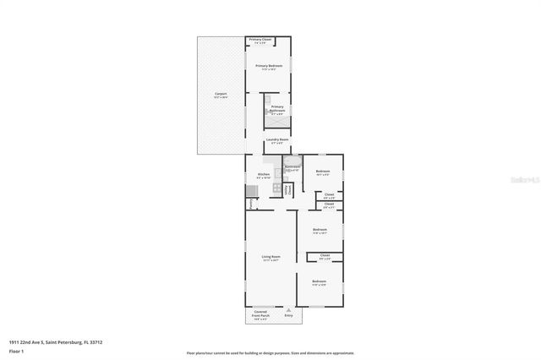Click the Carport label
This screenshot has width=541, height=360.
point(221,95)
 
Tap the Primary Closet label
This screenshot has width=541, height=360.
point(260,41)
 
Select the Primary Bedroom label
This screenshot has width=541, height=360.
point(269,67)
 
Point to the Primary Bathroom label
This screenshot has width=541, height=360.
point(277,109)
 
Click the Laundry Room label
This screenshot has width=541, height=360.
point(278,141)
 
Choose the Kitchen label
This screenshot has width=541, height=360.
point(264,176)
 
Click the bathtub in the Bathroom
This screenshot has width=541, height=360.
point(292,160)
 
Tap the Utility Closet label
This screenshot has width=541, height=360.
point(288,190)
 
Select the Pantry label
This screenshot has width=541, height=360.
point(252,203)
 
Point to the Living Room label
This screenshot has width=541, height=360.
point(270,259)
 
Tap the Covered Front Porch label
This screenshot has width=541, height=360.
point(261,316)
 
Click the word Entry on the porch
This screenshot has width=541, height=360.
point(289,315)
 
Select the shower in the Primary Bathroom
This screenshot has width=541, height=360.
point(281,122)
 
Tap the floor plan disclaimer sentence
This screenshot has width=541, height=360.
point(270,352)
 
